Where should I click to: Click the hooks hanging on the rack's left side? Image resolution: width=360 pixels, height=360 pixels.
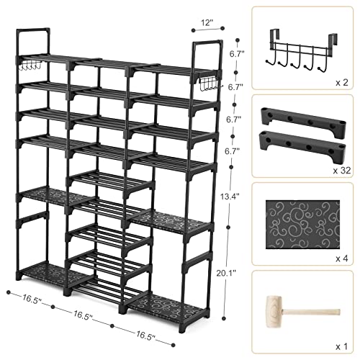[31, 67]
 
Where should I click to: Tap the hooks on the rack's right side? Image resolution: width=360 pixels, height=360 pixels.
[207, 84]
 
